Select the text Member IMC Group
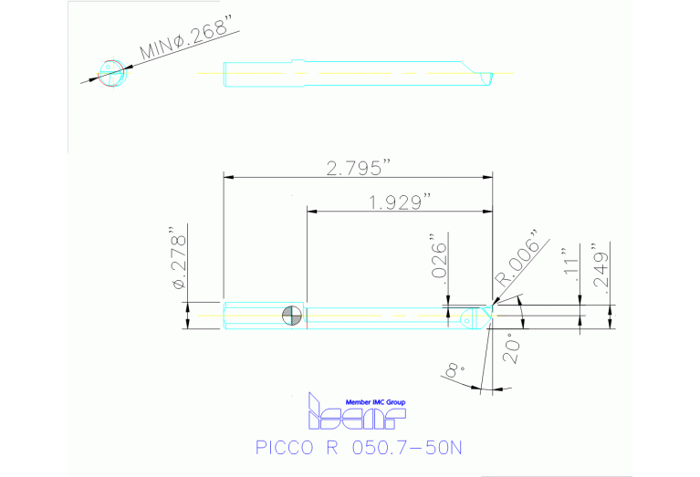tap(375, 402)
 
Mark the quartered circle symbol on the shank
tap(292, 316)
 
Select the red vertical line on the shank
tap(307, 316)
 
